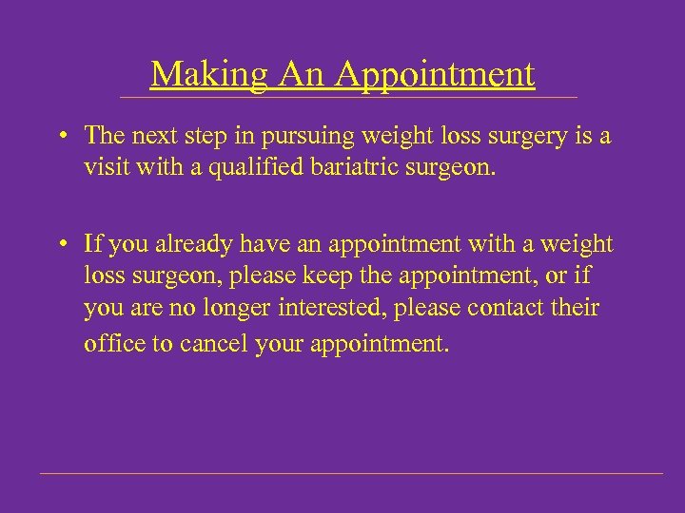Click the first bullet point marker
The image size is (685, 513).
pos(59,136)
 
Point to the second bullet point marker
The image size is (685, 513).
pos(59,244)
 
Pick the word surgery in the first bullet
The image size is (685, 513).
pos(534,137)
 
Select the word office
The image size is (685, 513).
pos(113,343)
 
